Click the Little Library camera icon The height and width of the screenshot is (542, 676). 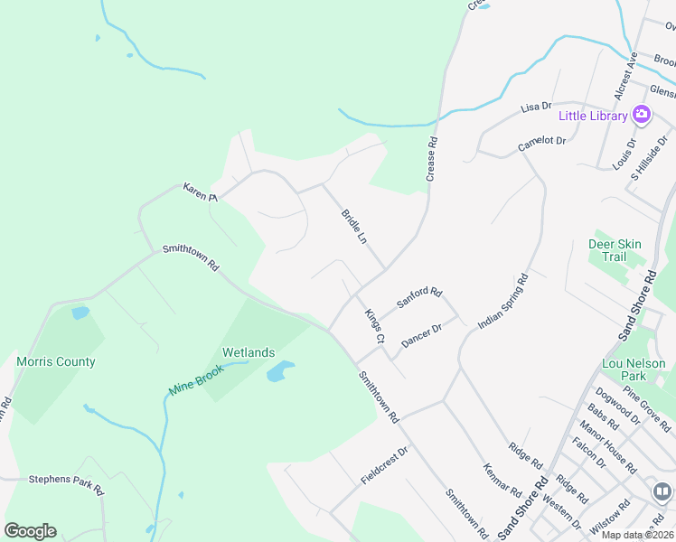coord(642,115)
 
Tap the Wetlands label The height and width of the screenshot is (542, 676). coord(249,352)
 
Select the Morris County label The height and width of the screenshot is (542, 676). coord(56,362)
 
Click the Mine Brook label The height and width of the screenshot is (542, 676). coord(195,381)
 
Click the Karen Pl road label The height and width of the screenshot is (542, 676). coord(201,192)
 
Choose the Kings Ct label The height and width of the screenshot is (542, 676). coord(375,326)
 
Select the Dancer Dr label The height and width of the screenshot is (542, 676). coord(420,336)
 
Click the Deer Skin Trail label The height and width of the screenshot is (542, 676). coord(615,250)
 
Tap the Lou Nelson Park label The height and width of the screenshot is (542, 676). coord(634,369)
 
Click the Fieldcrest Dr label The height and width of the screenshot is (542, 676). coord(385,463)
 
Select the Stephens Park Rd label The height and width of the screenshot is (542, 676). coord(67,484)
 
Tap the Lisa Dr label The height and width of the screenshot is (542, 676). coord(536,107)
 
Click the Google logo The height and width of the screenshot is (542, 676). coord(30,531)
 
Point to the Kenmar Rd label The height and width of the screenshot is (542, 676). coord(502,481)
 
